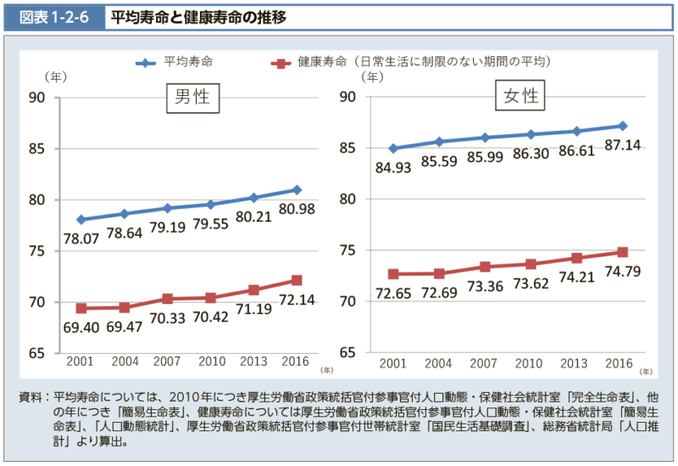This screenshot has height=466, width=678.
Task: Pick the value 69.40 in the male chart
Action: tap(81, 326)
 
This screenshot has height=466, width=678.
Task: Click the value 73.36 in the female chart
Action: tap(483, 286)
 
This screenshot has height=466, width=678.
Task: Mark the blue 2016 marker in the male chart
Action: tap(297, 190)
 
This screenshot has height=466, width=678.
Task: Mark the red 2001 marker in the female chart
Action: tap(392, 274)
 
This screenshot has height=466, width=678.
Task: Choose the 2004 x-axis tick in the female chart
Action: tap(439, 363)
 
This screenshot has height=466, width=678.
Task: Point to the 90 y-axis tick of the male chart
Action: tap(37, 97)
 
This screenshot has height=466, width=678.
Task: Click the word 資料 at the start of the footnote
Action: tap(29, 397)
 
